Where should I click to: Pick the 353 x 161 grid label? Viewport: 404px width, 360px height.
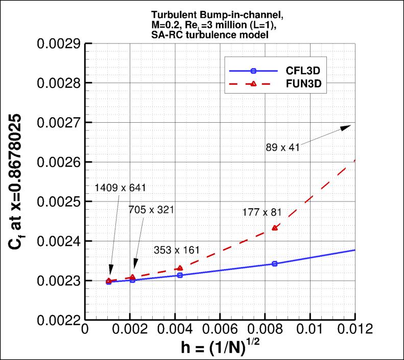click(x=177, y=250)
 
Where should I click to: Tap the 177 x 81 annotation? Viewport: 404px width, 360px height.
click(x=263, y=212)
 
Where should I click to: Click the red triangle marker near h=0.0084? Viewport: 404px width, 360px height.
click(x=275, y=228)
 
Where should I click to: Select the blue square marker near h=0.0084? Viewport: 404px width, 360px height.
click(x=275, y=264)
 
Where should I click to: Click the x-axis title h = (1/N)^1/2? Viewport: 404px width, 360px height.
click(x=221, y=348)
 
